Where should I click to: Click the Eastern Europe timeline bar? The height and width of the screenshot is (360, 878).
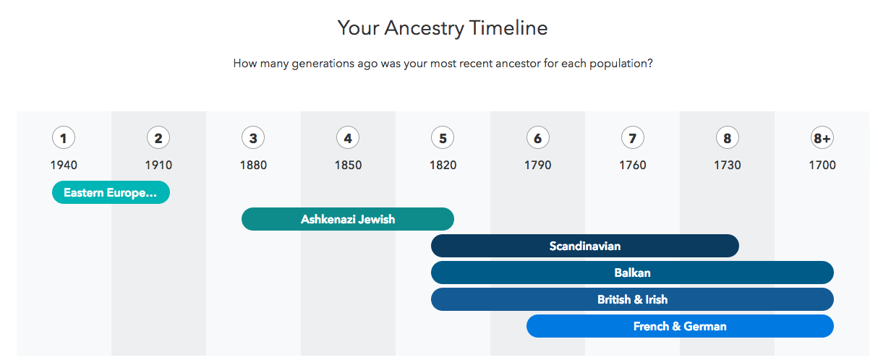111,192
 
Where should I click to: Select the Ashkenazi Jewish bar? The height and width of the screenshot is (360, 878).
348,219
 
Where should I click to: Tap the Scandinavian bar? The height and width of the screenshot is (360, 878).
585,246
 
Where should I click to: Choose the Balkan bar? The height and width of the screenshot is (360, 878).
632,273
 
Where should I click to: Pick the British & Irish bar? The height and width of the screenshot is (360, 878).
632,299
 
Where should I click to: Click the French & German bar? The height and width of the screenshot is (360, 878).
680,326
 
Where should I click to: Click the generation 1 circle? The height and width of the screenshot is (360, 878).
64,138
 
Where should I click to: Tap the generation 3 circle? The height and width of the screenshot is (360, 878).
253,138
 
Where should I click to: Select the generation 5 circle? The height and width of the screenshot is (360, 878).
443,138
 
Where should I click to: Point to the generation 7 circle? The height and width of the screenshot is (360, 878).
632,138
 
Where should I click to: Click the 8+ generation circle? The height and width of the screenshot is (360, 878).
822,138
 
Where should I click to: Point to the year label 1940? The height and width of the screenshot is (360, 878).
64,165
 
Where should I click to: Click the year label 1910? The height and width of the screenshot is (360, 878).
158,165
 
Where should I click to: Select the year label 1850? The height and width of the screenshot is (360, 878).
348,165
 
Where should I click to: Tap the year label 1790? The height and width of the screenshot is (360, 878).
538,165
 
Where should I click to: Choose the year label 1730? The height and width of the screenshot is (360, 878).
728,165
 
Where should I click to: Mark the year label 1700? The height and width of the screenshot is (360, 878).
822,165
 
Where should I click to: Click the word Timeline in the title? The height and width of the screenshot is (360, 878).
508,27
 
